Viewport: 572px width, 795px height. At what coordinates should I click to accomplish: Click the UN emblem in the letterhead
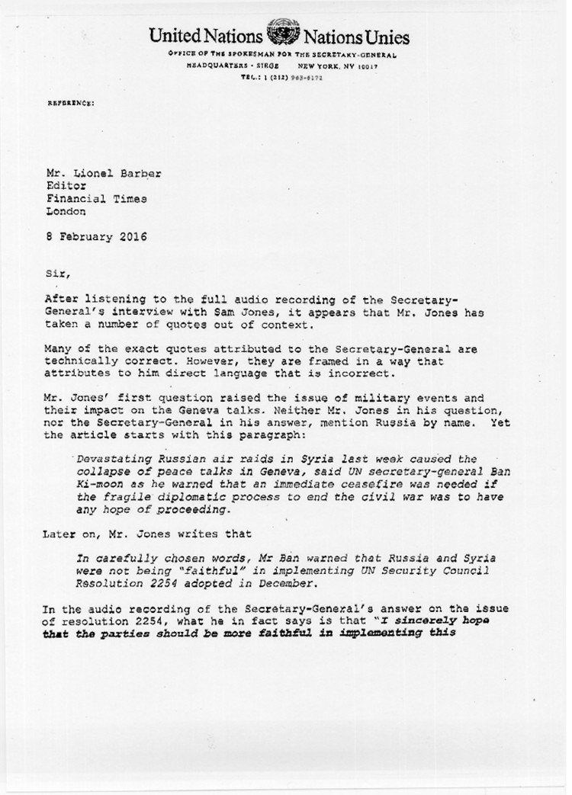coord(284,37)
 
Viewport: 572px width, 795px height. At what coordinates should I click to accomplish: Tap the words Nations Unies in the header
coord(357,37)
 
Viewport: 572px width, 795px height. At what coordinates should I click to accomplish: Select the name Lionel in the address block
coord(97,174)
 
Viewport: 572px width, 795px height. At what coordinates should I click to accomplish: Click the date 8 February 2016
coord(95,237)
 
